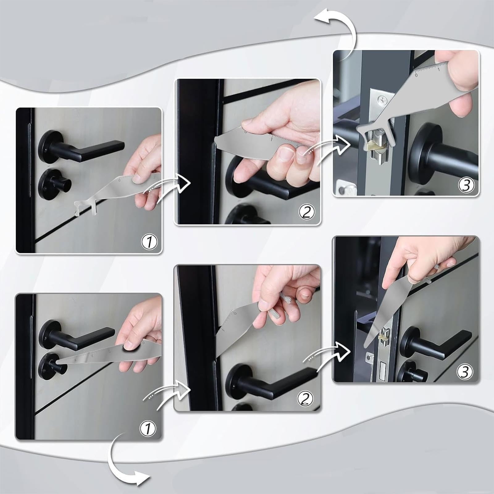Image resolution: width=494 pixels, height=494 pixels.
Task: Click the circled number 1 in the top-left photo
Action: tap(149, 242)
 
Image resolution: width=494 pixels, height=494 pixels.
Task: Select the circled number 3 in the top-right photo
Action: tap(466, 185)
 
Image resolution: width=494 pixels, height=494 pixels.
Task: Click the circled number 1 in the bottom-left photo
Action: tap(148, 428)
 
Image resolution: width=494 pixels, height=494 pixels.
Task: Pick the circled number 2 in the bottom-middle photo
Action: tap(305, 399)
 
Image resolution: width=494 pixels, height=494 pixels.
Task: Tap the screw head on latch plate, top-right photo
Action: tap(383, 100)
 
